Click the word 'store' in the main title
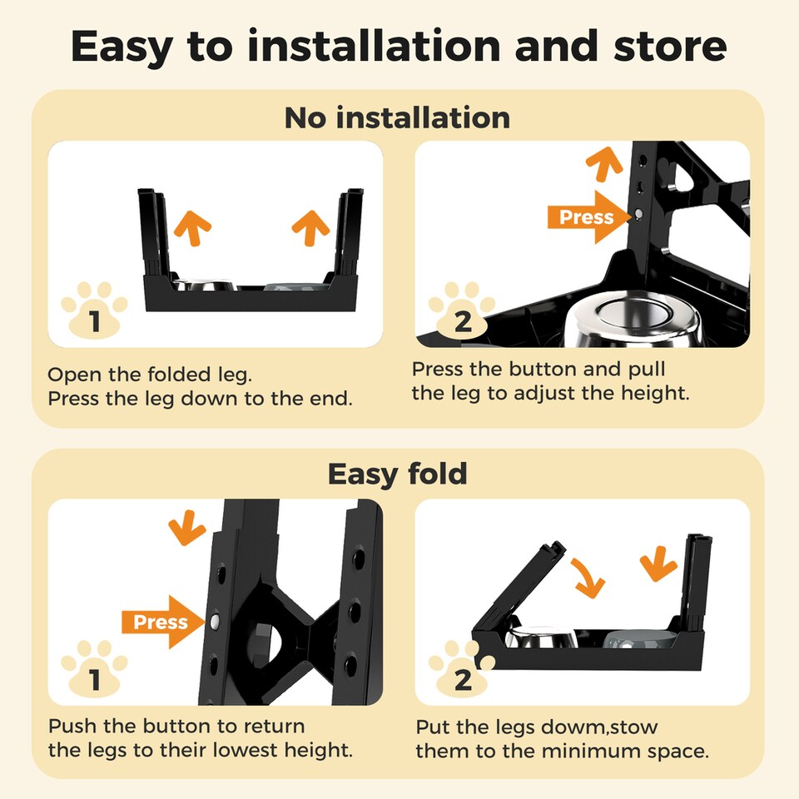coord(670,47)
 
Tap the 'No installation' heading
coord(398,117)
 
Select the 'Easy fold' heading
coord(398,474)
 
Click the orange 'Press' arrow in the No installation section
coord(589,217)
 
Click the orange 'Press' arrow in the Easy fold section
coord(163,622)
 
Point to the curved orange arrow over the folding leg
coord(588,578)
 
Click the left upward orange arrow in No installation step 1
coord(192,228)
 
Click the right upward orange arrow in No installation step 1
coord(310,228)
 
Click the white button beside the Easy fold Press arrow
coord(215,621)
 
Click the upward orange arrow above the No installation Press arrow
coord(604,164)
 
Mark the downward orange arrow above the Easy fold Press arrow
coord(187,528)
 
